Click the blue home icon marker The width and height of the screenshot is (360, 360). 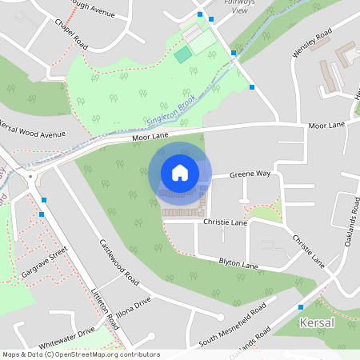point(180,173)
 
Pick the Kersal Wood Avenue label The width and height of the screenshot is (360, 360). point(33,130)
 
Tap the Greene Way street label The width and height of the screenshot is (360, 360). point(250,174)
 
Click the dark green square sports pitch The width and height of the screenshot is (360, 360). point(184,54)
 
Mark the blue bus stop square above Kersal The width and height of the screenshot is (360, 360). point(301,306)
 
